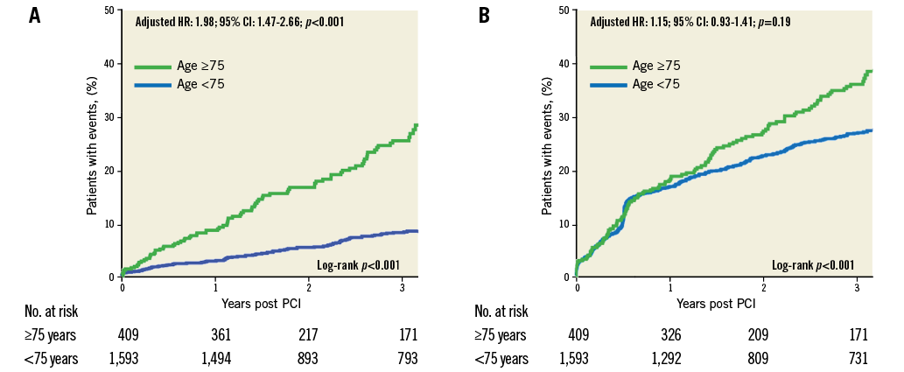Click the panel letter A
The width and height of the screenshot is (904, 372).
[x=35, y=16]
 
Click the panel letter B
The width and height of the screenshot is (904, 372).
[x=484, y=16]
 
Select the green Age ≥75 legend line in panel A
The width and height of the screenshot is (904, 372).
[x=153, y=67]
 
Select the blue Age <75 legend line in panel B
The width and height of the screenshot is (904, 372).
[x=607, y=85]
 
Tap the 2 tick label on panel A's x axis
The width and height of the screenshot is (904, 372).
[x=309, y=286]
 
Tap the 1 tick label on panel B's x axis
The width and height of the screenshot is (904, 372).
[x=669, y=286]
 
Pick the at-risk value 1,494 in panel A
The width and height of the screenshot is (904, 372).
[x=216, y=357]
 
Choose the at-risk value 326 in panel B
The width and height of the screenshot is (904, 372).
[x=670, y=334]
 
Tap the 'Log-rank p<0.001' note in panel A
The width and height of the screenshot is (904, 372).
[x=357, y=264]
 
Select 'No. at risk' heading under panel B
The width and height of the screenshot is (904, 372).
[x=501, y=312]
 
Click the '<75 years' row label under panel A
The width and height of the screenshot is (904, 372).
[x=52, y=357]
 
